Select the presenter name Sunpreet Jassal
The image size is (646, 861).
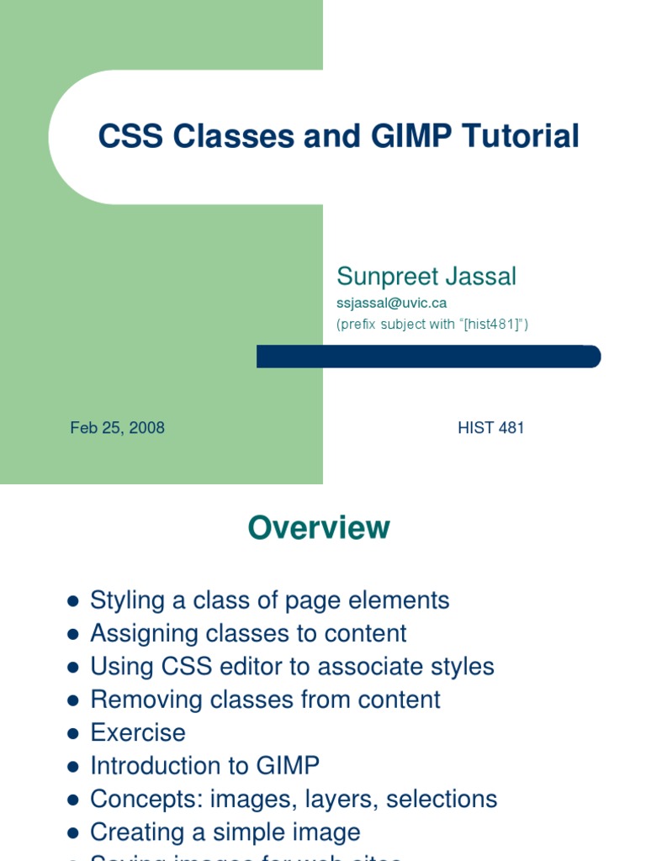426,276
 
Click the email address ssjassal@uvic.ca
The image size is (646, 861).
391,303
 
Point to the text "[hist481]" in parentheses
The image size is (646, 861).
491,325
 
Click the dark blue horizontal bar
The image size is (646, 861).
428,357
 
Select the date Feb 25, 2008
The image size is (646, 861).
117,428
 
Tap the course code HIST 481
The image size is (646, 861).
491,428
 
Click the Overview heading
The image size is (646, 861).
319,528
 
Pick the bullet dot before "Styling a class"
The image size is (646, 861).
73,601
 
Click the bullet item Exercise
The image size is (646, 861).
138,732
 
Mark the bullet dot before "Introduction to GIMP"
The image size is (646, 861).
73,766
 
